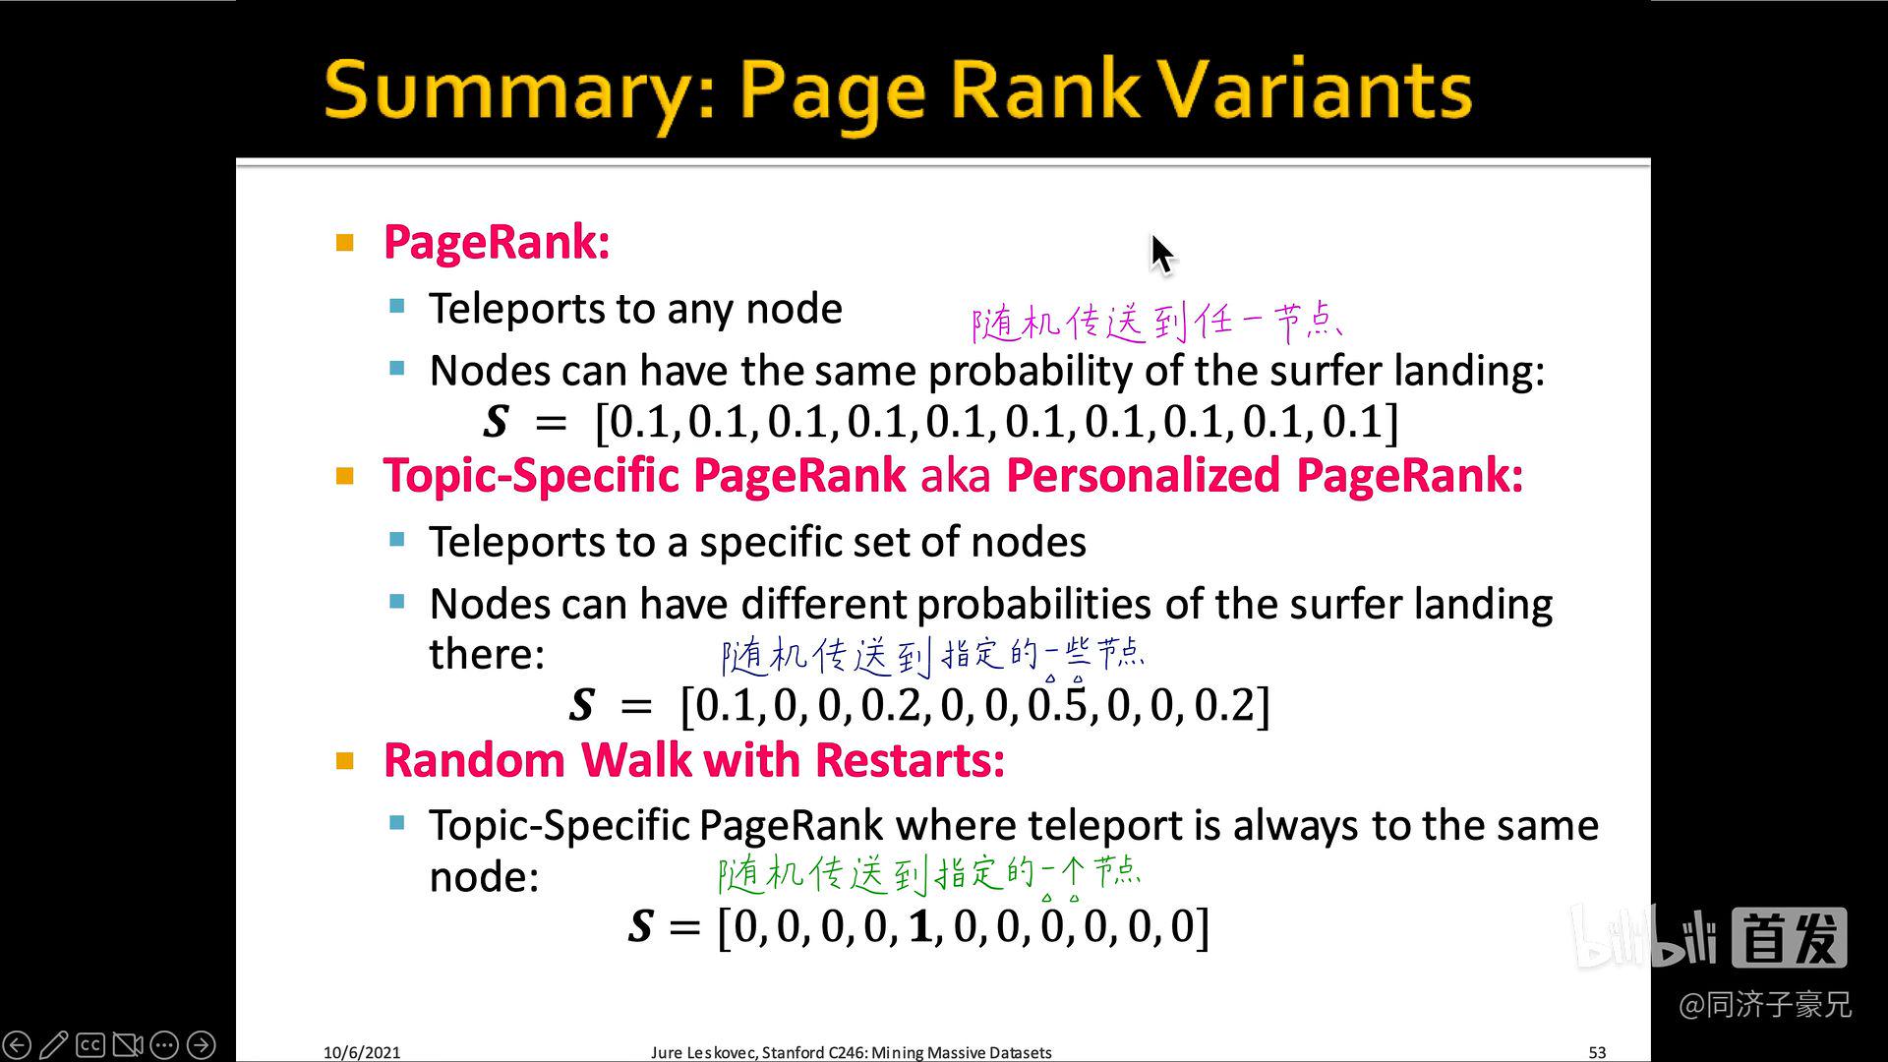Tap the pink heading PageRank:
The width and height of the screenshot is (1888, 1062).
497,242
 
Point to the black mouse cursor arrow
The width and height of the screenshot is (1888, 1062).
1161,253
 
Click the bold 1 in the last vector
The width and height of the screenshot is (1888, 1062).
919,927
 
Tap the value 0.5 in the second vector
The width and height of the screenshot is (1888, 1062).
1057,705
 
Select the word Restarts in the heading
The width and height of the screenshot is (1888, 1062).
910,760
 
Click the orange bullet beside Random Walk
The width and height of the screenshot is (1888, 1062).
344,760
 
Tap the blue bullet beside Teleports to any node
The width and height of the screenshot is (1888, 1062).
397,307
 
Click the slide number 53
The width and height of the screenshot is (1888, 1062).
1597,1052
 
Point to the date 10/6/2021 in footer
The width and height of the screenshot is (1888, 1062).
362,1052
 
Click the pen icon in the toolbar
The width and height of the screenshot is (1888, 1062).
54,1044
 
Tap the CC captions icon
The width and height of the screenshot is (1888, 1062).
90,1044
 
